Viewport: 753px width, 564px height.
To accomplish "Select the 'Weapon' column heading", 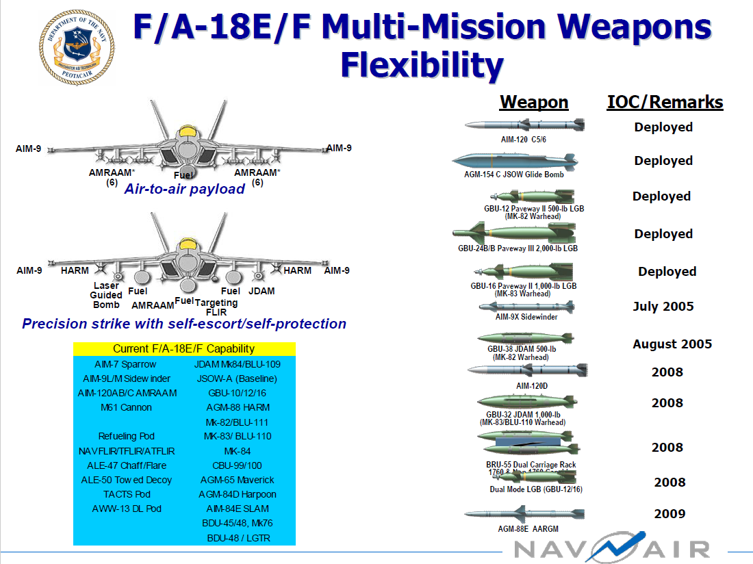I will (534, 103).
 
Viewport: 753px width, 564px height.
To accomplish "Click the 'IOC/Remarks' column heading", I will (665, 103).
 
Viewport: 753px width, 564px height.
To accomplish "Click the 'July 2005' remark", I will (663, 307).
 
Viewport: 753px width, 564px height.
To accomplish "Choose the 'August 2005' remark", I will (672, 344).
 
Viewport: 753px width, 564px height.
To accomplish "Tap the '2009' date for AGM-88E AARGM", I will (669, 514).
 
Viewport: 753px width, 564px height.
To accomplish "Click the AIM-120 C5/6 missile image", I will (524, 125).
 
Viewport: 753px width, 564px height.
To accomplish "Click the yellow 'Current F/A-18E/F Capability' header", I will (183, 349).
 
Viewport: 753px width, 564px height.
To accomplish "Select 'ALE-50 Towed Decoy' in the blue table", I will (127, 480).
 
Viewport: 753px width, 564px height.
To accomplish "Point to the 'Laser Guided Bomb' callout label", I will (106, 295).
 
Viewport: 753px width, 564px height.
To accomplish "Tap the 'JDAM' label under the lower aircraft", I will (261, 291).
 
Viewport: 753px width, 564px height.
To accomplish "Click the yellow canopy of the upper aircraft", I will (185, 131).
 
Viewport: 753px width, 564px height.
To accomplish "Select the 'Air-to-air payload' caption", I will (184, 189).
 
